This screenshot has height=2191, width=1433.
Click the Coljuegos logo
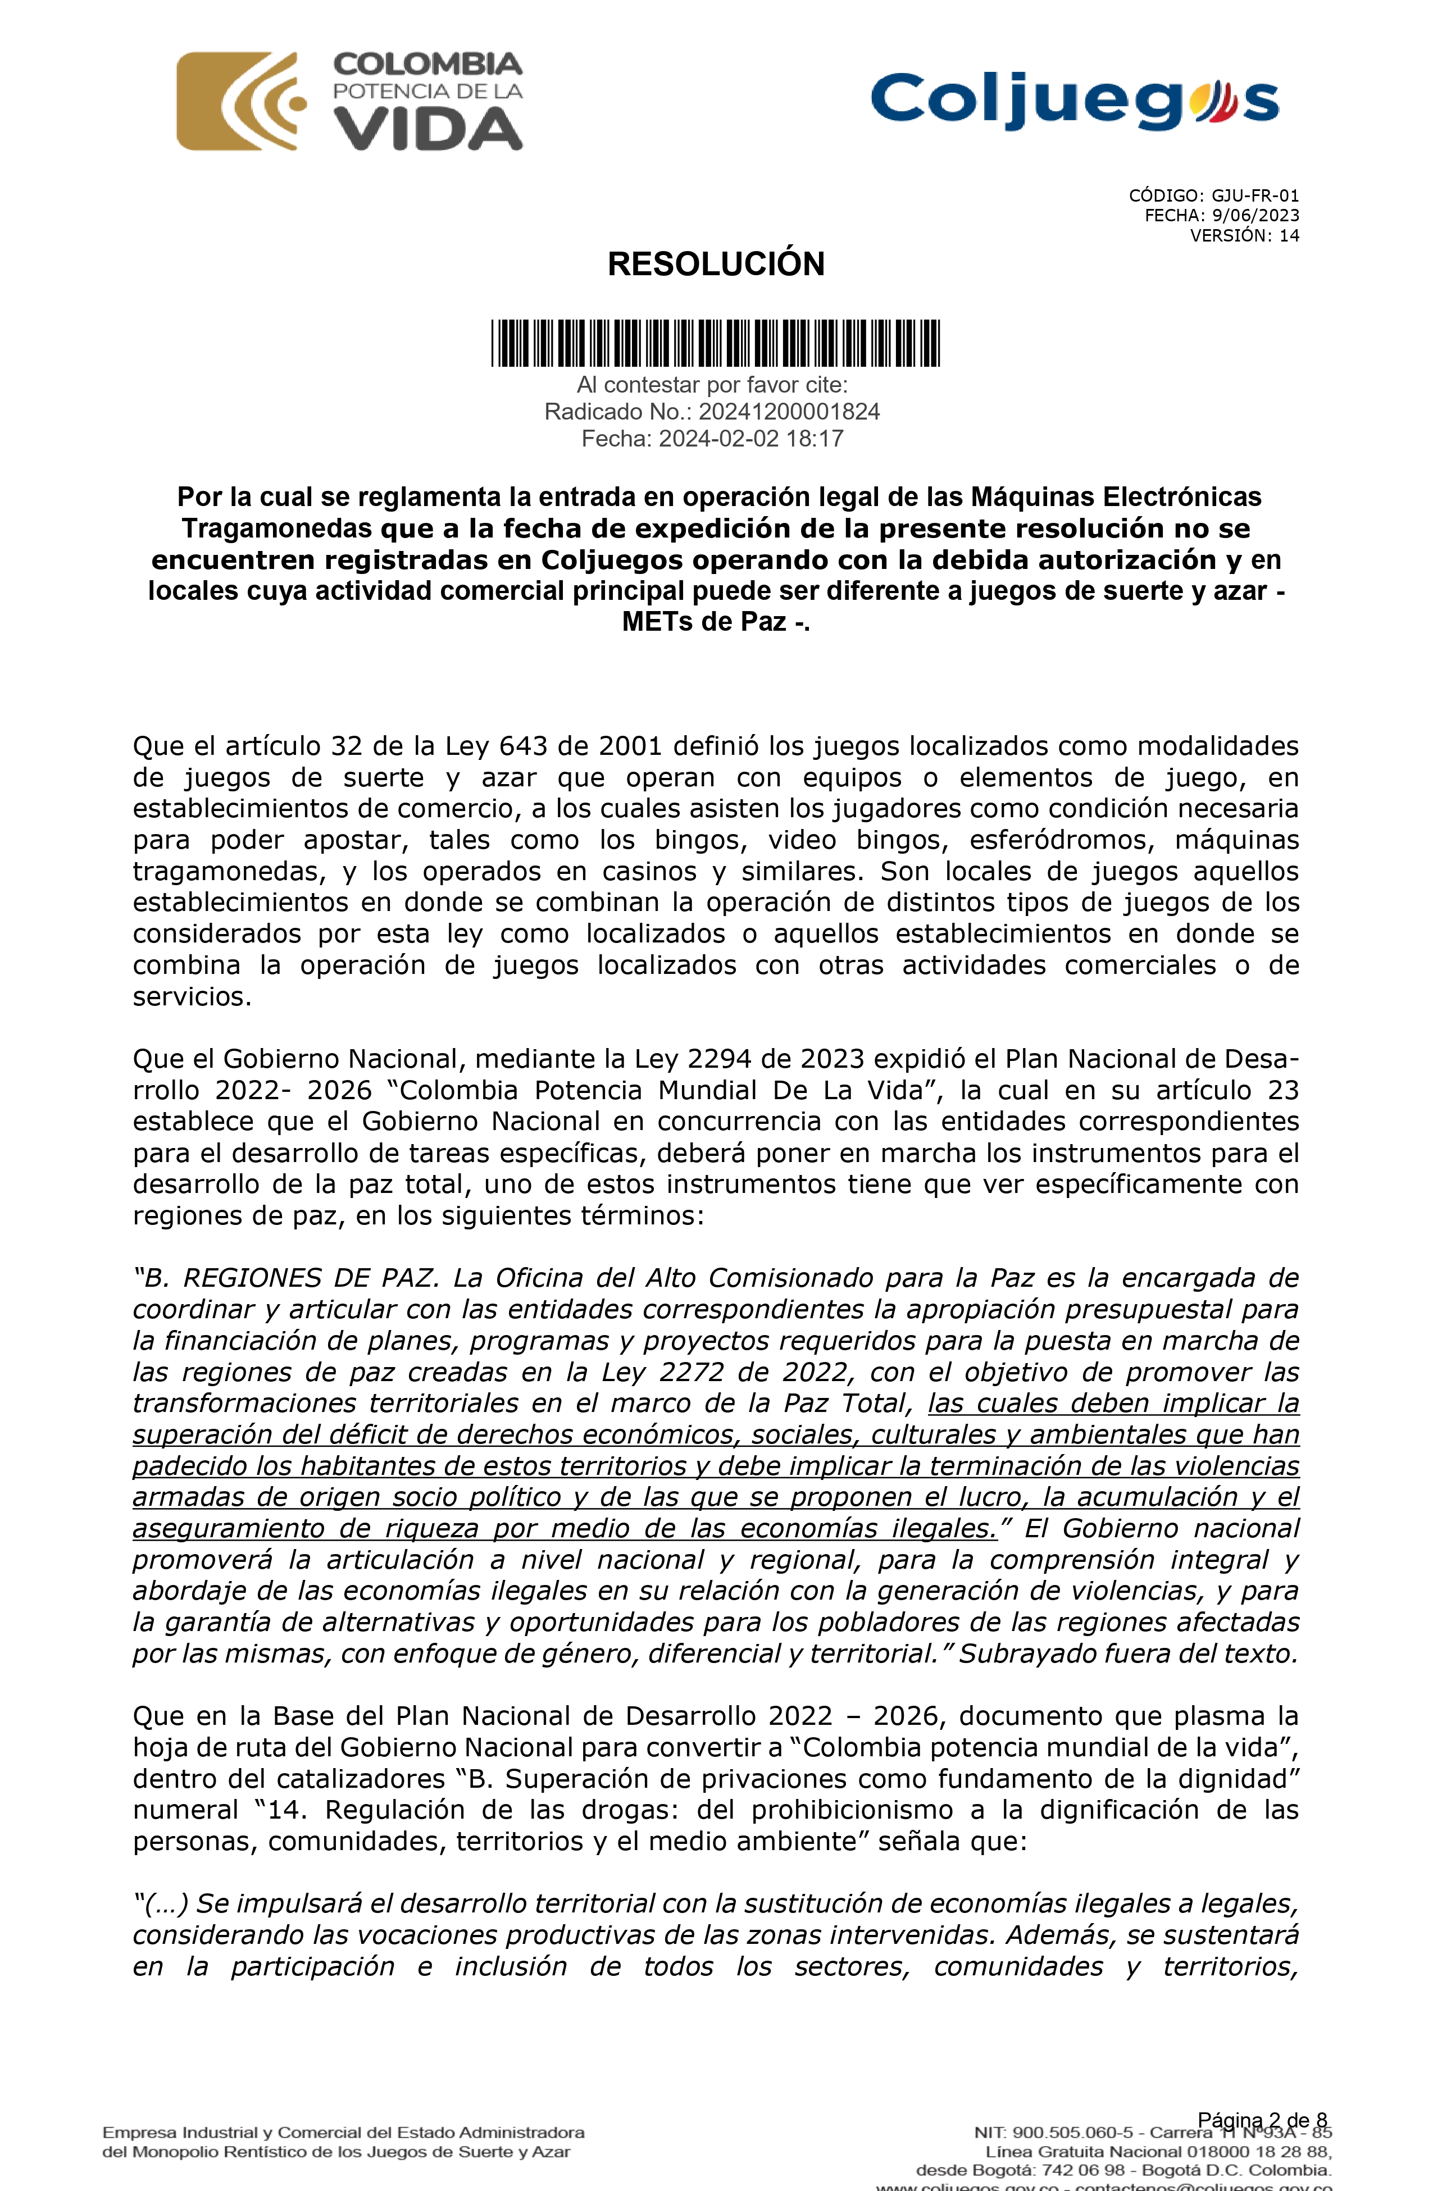[1074, 99]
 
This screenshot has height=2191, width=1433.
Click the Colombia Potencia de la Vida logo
[350, 101]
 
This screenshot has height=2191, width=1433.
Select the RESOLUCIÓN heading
[716, 264]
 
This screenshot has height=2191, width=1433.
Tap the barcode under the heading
[716, 343]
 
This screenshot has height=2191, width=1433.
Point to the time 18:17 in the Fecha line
[815, 439]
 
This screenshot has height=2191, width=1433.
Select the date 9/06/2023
[1255, 216]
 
